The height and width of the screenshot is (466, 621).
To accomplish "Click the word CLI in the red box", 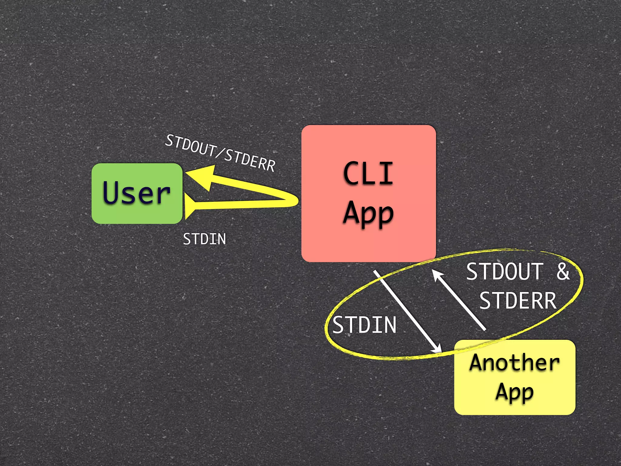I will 368,173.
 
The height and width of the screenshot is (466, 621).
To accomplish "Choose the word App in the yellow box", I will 515,392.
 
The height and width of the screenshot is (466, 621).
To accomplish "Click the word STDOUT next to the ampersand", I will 505,272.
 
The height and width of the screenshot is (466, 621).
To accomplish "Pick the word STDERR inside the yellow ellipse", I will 518,301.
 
